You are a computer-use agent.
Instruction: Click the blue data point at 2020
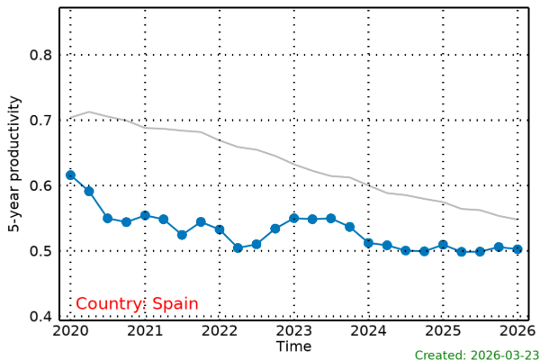[70, 175]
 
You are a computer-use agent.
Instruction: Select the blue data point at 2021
[145, 216]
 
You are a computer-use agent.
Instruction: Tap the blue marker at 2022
[220, 229]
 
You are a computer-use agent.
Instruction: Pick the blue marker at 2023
[293, 218]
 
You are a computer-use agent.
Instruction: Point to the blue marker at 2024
[368, 243]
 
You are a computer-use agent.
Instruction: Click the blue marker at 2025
[443, 245]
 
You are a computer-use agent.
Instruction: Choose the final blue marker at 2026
[517, 249]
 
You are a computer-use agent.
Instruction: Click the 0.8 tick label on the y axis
[41, 55]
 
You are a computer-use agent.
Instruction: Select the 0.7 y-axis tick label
[41, 121]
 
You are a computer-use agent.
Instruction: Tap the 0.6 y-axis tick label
[41, 185]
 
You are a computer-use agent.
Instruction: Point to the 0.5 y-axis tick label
[41, 251]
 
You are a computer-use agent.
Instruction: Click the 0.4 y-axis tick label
[41, 317]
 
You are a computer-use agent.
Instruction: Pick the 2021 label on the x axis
[145, 331]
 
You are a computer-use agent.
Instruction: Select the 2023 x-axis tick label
[293, 331]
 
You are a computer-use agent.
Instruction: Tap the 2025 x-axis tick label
[443, 331]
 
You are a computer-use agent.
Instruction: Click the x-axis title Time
[293, 346]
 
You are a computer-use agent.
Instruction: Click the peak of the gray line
[88, 112]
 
